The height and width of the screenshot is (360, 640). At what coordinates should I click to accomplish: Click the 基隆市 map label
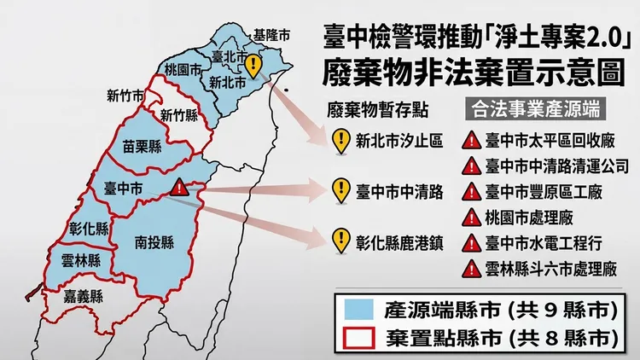tap(271, 36)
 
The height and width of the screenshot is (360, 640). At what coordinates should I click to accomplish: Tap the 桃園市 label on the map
tap(183, 69)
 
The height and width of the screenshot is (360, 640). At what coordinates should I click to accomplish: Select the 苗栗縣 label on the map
tap(142, 147)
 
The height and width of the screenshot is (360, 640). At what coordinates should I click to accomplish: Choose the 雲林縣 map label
tap(79, 261)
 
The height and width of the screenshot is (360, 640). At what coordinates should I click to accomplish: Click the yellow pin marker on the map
tap(253, 64)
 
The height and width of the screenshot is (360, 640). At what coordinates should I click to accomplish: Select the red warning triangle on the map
tap(179, 189)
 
